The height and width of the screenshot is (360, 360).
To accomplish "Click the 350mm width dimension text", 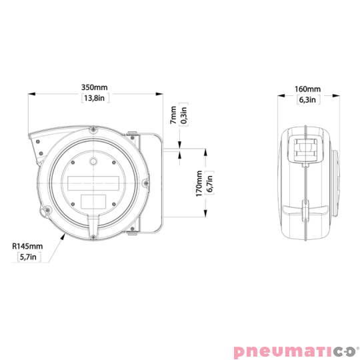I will (93, 87).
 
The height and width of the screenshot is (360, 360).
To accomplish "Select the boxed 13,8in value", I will (93, 99).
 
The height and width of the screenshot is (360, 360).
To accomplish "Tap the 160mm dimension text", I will (307, 89).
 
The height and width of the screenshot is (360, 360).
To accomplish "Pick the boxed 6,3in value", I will (307, 100).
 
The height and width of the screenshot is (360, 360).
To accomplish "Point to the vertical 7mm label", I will (173, 116).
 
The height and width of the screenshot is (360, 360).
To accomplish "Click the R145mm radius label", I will (27, 246).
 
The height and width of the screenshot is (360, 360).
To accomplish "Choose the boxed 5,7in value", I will (27, 257).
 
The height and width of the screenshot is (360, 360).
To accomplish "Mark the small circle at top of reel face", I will (94, 161).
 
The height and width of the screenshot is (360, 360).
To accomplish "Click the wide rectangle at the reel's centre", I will (94, 181).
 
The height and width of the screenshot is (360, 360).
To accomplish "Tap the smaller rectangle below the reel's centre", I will (94, 200).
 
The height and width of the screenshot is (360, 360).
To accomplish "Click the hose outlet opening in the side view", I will (305, 149).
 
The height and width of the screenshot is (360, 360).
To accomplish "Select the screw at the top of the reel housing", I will (94, 131).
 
